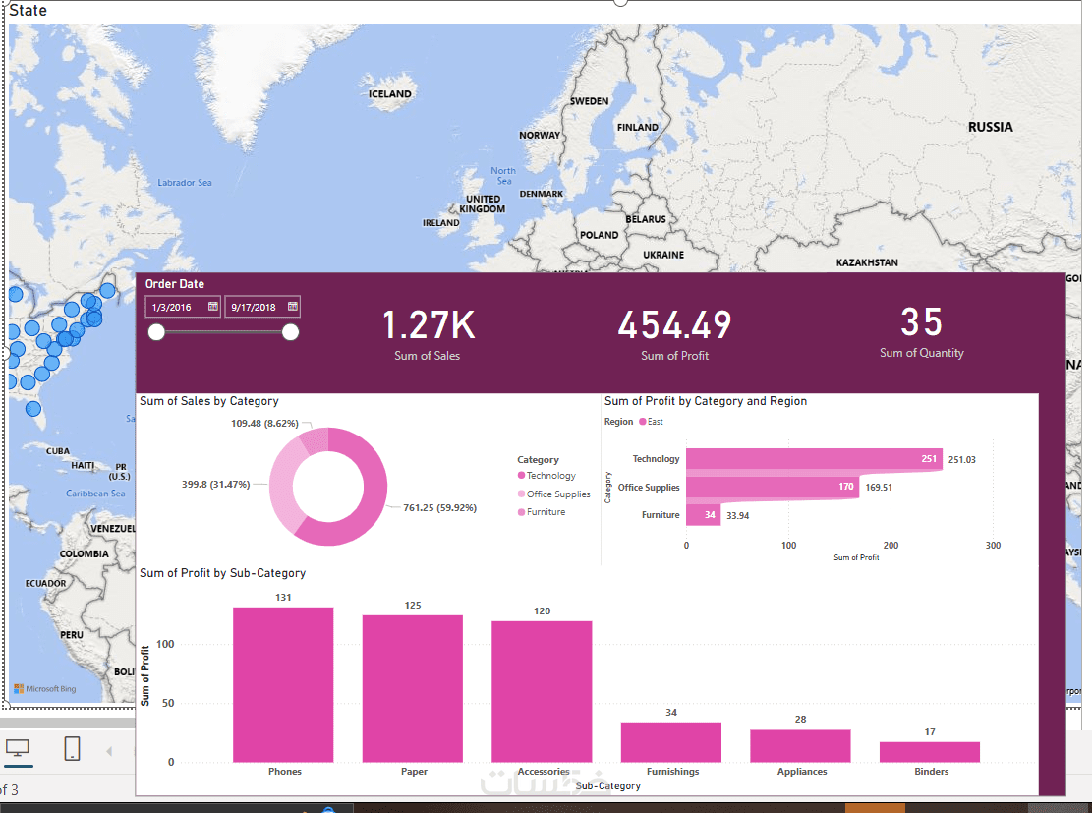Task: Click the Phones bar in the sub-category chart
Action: pyautogui.click(x=283, y=684)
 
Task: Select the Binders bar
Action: pyautogui.click(x=930, y=752)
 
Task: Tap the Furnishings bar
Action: pyautogui.click(x=671, y=742)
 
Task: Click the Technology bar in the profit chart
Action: pyautogui.click(x=814, y=459)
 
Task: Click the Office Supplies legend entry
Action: pyautogui.click(x=557, y=494)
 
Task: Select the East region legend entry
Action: pyautogui.click(x=655, y=422)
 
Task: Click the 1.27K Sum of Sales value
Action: pyautogui.click(x=428, y=325)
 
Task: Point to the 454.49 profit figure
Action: pyautogui.click(x=674, y=325)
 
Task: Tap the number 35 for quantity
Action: pyautogui.click(x=921, y=323)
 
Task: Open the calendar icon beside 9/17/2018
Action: pyautogui.click(x=292, y=307)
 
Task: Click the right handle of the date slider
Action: pyautogui.click(x=290, y=332)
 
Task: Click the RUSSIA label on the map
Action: pyautogui.click(x=990, y=127)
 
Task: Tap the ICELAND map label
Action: pyautogui.click(x=389, y=94)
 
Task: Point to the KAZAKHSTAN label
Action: pyautogui.click(x=867, y=263)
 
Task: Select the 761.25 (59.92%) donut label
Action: pyautogui.click(x=439, y=508)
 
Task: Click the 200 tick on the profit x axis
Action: pyautogui.click(x=891, y=545)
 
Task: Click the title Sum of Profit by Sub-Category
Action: pyautogui.click(x=223, y=573)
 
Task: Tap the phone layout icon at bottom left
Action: pyautogui.click(x=72, y=749)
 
